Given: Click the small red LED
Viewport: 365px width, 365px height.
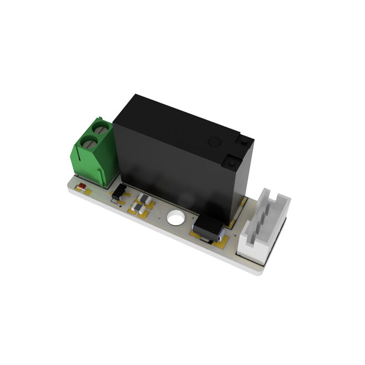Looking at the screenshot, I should [81, 186].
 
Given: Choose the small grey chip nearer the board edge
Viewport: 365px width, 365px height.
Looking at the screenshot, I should [137, 208].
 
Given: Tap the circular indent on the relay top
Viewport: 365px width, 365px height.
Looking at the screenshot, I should [214, 142].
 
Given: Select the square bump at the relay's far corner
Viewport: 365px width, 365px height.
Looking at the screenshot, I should [243, 143].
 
